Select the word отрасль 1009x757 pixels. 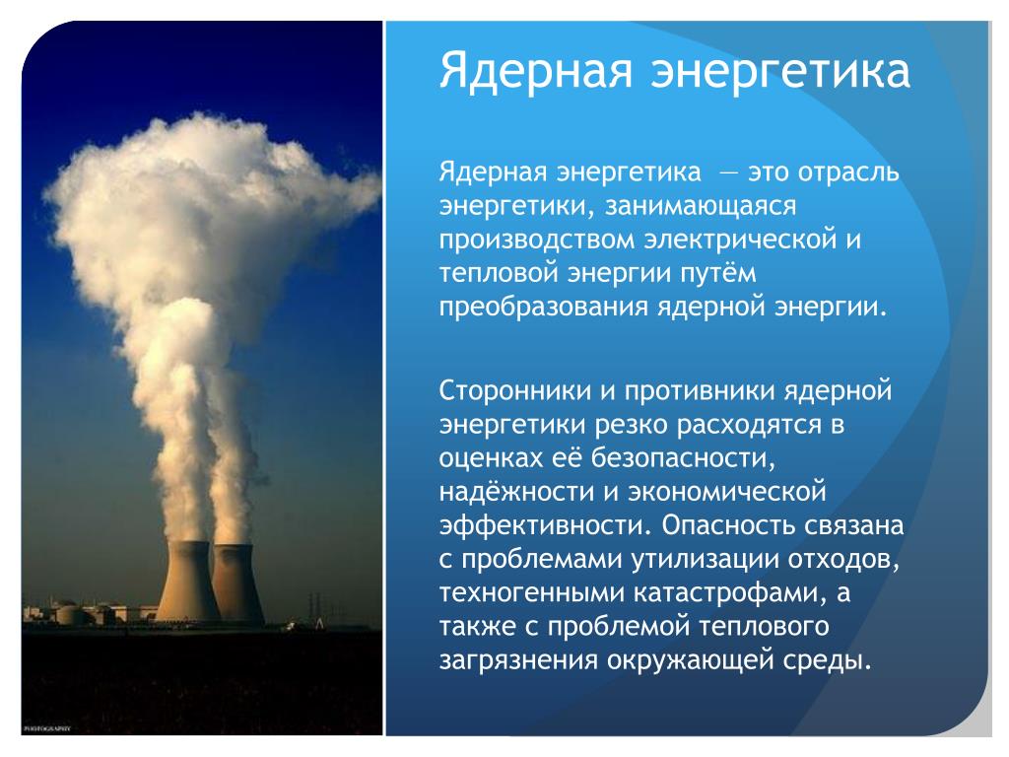click(x=848, y=172)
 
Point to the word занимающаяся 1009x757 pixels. click(x=701, y=207)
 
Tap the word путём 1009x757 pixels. click(x=718, y=274)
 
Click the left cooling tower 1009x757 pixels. click(x=187, y=582)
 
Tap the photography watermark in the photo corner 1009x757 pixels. click(x=46, y=728)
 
